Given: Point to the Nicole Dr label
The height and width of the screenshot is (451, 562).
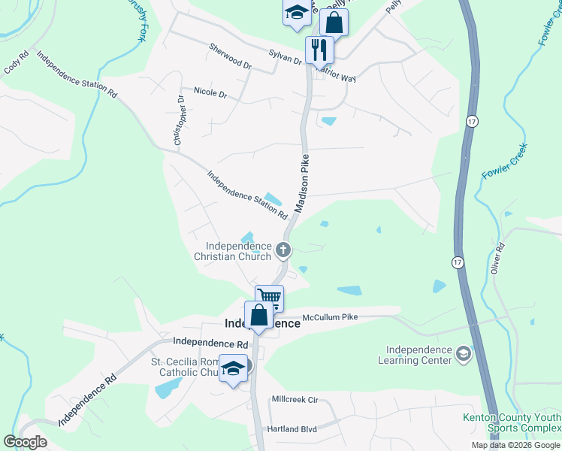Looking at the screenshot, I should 210,92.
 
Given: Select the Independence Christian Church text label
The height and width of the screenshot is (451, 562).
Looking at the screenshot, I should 233,251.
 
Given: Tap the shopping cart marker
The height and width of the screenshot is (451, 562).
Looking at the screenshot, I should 269,297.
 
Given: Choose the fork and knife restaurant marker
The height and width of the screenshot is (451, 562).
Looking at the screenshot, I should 319,49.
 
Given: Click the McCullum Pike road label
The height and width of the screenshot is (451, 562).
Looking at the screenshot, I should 330,316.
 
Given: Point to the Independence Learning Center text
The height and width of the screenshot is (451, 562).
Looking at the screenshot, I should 418,355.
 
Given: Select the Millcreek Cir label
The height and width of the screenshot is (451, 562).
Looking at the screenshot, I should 295,399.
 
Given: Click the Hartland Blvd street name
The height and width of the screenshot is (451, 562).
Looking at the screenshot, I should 292,429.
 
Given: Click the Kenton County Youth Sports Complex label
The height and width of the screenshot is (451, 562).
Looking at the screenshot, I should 512,423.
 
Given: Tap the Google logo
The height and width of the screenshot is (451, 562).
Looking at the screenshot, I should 25,441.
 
